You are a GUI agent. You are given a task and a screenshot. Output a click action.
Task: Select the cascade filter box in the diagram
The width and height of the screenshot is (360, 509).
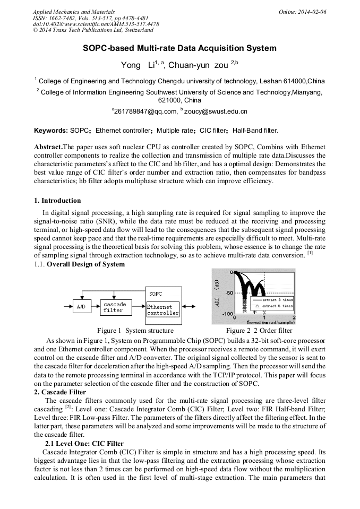[115, 307]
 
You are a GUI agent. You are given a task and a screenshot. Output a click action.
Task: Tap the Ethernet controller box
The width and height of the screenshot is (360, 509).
[163, 310]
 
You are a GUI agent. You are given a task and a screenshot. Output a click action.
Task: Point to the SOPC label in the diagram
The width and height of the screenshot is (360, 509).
[156, 294]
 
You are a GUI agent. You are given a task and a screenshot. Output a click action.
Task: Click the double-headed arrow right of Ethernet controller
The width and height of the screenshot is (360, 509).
[190, 307]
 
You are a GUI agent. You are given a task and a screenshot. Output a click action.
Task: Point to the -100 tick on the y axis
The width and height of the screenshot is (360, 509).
[227, 314]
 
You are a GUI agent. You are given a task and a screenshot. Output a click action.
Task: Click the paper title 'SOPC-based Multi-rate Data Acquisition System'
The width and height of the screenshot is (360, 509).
[179, 48]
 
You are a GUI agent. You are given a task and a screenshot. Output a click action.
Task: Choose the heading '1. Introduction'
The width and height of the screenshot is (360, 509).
[57, 201]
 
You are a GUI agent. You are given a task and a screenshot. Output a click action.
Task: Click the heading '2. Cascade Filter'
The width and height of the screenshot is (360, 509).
[59, 392]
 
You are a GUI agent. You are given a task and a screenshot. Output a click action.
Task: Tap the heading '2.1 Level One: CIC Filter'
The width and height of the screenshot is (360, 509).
[84, 444]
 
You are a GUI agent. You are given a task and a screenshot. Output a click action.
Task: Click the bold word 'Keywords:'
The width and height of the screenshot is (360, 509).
[50, 131]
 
